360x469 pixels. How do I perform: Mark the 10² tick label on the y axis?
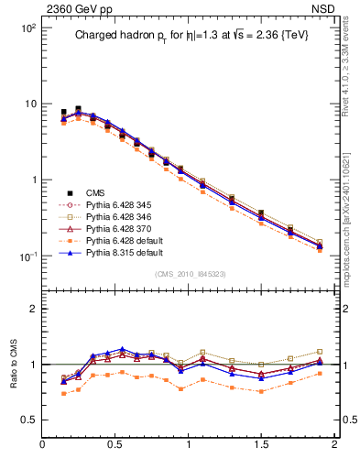click(28, 28)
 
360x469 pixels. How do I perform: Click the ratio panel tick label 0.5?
click(27, 420)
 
